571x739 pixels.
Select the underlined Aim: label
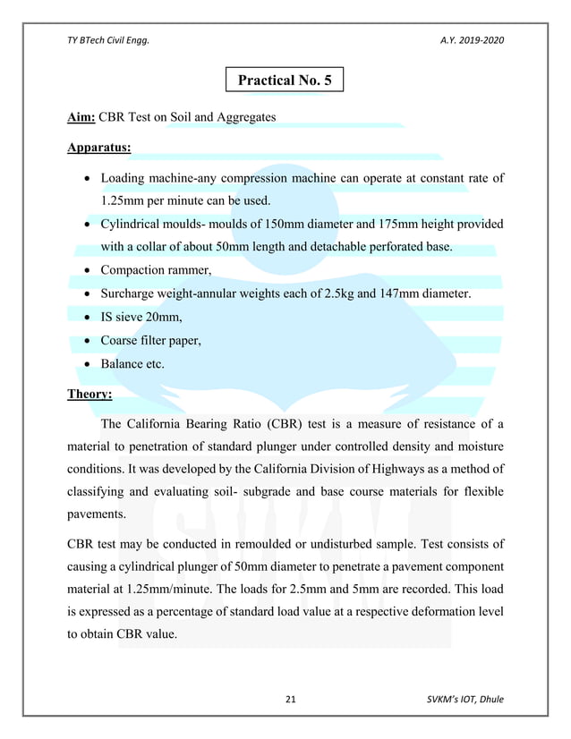[x=81, y=117]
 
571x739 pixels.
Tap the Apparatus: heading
[x=99, y=143]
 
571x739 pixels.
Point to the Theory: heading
[x=89, y=393]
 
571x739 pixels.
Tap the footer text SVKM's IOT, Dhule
[x=464, y=698]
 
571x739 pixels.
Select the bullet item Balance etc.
[x=132, y=365]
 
